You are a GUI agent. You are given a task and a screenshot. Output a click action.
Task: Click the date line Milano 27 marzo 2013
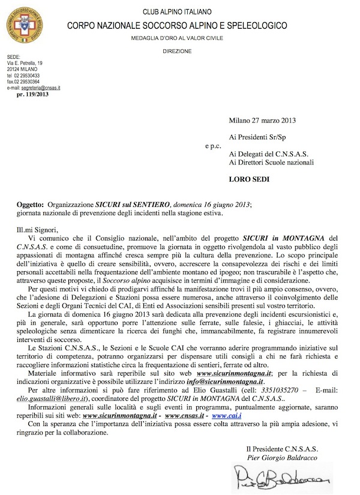click(265, 120)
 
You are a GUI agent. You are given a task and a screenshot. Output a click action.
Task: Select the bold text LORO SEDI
click(248, 178)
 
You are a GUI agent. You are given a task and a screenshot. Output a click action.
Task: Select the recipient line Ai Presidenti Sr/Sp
click(259, 137)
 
